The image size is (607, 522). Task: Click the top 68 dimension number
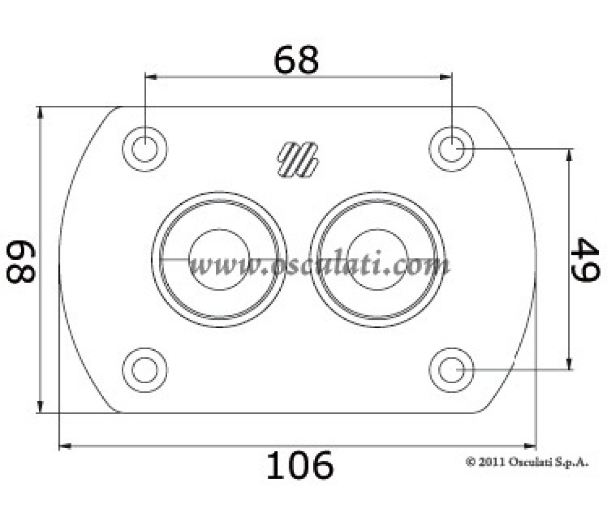[296, 60]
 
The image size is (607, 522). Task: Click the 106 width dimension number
[299, 465]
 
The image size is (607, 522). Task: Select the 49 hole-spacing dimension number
[585, 259]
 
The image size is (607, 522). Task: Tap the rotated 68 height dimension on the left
[21, 262]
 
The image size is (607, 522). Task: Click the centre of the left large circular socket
[219, 259]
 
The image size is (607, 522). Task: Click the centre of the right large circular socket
[378, 259]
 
